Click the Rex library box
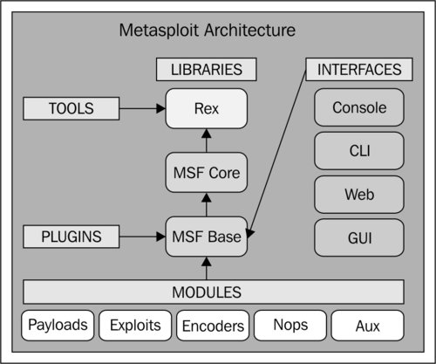click(207, 108)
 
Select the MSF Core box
click(207, 172)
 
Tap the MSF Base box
click(207, 237)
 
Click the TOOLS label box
click(72, 108)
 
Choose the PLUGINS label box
click(72, 237)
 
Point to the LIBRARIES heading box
click(207, 69)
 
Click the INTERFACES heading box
click(359, 69)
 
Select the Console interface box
click(359, 107)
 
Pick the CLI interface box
click(359, 151)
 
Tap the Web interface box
click(359, 195)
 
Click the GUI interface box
click(359, 237)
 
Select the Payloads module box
click(58, 326)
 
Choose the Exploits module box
click(135, 326)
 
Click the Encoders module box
click(213, 326)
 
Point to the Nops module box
click(290, 326)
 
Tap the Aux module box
click(368, 326)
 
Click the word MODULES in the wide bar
click(207, 292)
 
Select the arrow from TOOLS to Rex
click(142, 108)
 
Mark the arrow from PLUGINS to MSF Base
click(142, 237)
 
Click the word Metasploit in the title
click(159, 31)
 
